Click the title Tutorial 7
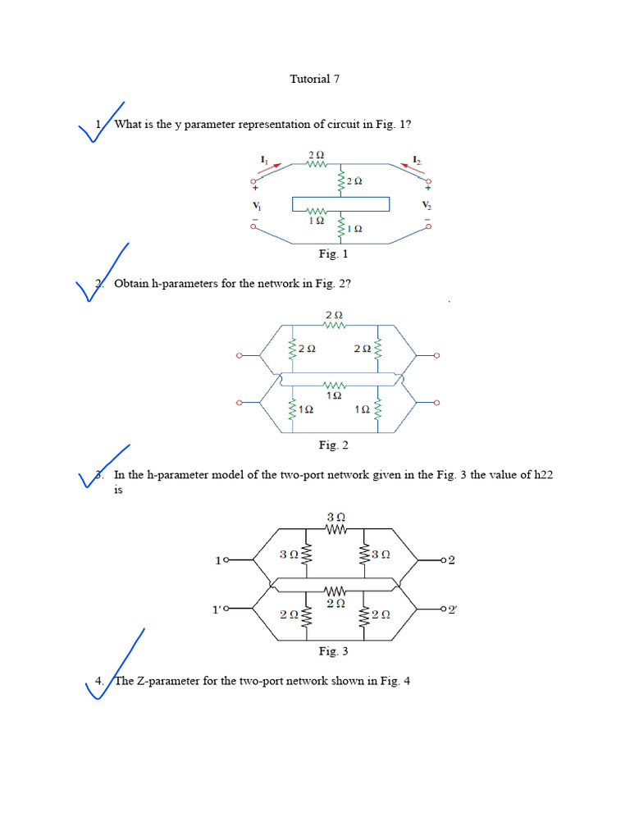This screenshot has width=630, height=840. click(314, 80)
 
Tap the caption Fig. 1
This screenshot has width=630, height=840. click(334, 254)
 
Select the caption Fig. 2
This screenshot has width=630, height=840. click(334, 445)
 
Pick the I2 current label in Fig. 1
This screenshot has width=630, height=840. click(417, 158)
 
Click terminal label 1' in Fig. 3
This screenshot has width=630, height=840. click(217, 609)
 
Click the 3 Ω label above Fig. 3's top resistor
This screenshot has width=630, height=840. click(336, 518)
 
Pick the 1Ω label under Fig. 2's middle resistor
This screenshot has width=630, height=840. click(334, 395)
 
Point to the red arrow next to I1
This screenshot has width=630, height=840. click(272, 167)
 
